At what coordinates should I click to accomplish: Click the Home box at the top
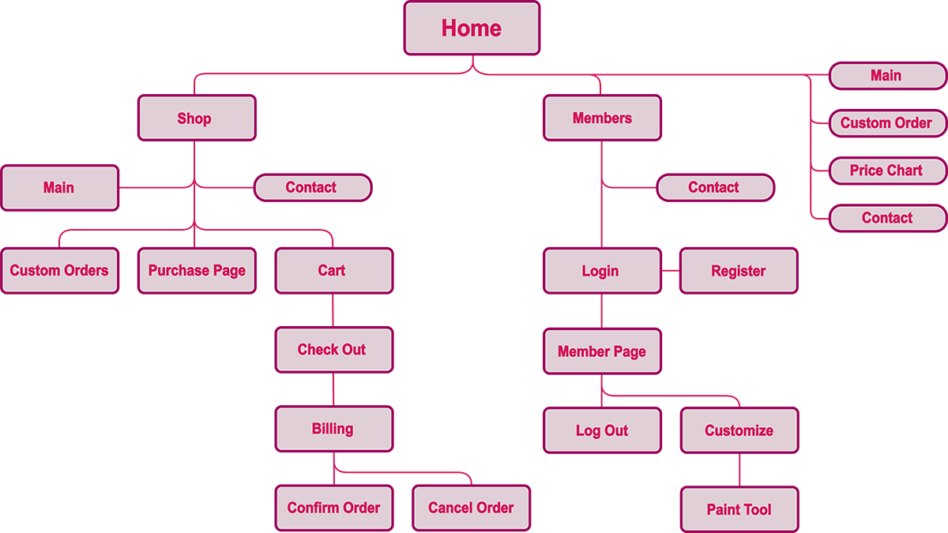pos(472,28)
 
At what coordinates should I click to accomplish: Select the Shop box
pos(197,118)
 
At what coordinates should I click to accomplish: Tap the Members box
pos(602,118)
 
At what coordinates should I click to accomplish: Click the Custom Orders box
pos(59,271)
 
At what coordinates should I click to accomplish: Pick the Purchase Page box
pos(197,271)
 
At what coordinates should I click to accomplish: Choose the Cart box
pos(333,271)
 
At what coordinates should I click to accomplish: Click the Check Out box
pos(333,350)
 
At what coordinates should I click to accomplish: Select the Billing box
pos(333,429)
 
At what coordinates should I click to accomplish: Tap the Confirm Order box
pos(333,508)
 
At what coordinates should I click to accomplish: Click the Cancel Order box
pos(471,508)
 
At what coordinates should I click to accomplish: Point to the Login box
pos(602,271)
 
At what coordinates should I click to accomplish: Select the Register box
pos(739,271)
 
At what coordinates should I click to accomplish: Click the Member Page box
pos(602,351)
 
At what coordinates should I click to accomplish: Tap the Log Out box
pos(602,430)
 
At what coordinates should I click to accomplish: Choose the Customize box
pos(739,430)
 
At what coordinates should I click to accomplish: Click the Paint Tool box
pos(739,509)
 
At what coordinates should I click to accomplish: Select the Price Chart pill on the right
pos(887,171)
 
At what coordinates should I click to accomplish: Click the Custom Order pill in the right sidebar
pos(887,123)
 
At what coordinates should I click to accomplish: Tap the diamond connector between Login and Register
pos(671,271)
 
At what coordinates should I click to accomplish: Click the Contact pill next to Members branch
pos(715,188)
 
